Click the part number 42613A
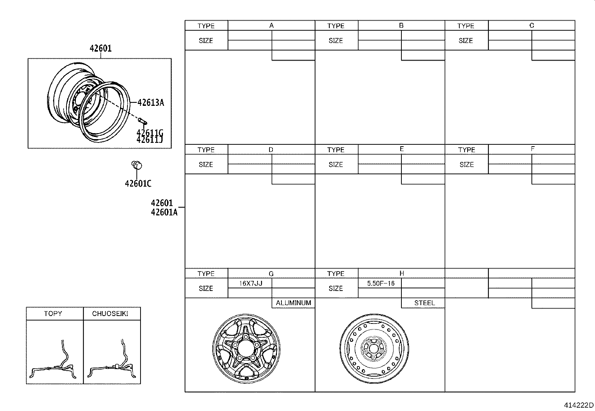click(x=151, y=102)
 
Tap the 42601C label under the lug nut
click(x=138, y=183)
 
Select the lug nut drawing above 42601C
click(x=137, y=165)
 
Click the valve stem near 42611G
click(x=143, y=121)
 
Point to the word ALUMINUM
click(x=293, y=303)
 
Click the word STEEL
click(x=425, y=303)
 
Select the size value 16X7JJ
click(x=251, y=283)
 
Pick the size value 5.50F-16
click(x=380, y=283)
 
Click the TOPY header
click(x=53, y=314)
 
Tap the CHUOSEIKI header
click(x=110, y=314)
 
